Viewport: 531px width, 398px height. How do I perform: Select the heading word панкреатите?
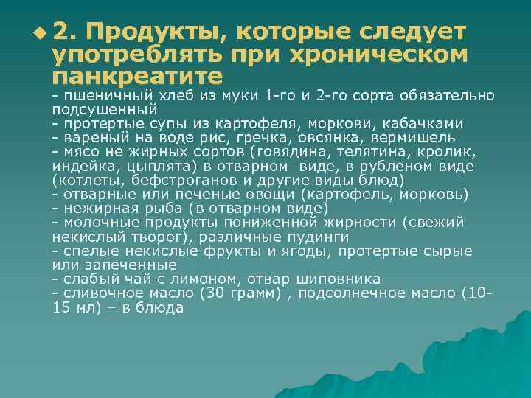137,75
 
